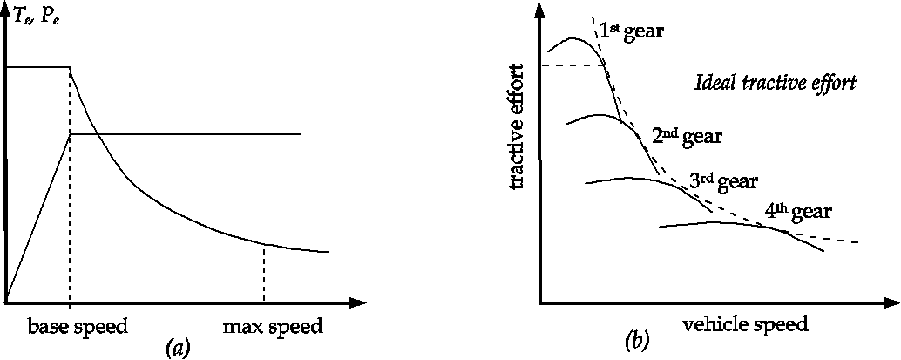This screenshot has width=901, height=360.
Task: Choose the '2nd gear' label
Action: [x=687, y=136]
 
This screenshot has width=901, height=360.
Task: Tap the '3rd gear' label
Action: [x=723, y=181]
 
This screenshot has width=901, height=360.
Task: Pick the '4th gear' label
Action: [x=798, y=212]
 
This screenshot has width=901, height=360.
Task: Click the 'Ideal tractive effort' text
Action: [x=776, y=84]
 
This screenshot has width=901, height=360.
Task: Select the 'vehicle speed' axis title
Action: [x=746, y=323]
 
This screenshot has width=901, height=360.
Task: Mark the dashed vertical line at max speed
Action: [x=263, y=275]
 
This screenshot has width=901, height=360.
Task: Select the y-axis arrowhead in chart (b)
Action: [x=540, y=10]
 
